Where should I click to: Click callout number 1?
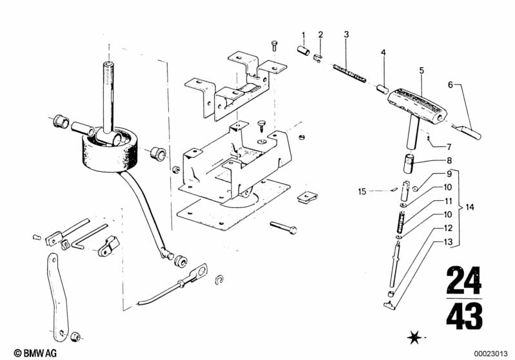coord(304,35)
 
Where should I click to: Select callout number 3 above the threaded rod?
coord(346,34)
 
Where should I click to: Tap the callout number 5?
coord(422,70)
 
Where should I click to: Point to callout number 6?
coord(451,84)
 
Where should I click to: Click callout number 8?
coord(449,160)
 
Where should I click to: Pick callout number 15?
coord(362,191)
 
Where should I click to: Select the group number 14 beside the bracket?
coord(470,207)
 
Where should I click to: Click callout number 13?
coord(448,242)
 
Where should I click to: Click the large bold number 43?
coord(464,316)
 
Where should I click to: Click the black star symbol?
coord(414,337)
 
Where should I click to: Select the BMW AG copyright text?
coord(35,353)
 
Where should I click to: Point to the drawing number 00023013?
coord(491,354)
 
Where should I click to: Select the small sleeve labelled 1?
coord(304,51)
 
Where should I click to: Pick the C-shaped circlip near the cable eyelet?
coord(219,279)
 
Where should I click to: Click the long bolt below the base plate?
coord(283,227)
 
